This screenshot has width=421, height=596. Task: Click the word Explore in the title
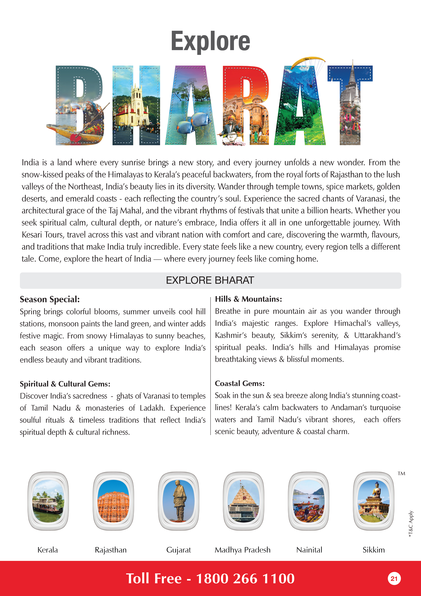[x=210, y=41]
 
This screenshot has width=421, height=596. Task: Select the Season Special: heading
[x=50, y=299]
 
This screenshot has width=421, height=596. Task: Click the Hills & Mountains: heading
[x=248, y=299]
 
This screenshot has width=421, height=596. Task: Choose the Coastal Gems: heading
[x=240, y=383]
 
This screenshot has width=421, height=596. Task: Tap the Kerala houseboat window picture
[x=48, y=501]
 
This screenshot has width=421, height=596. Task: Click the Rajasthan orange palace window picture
[x=113, y=501]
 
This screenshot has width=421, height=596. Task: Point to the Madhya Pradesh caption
[x=243, y=550]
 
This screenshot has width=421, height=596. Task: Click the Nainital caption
[x=309, y=550]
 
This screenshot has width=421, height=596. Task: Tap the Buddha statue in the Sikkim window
[x=375, y=492]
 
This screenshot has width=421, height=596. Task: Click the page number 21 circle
[x=394, y=579]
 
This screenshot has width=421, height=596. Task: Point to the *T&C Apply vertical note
[x=411, y=524]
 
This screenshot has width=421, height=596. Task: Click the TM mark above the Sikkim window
[x=401, y=474]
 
